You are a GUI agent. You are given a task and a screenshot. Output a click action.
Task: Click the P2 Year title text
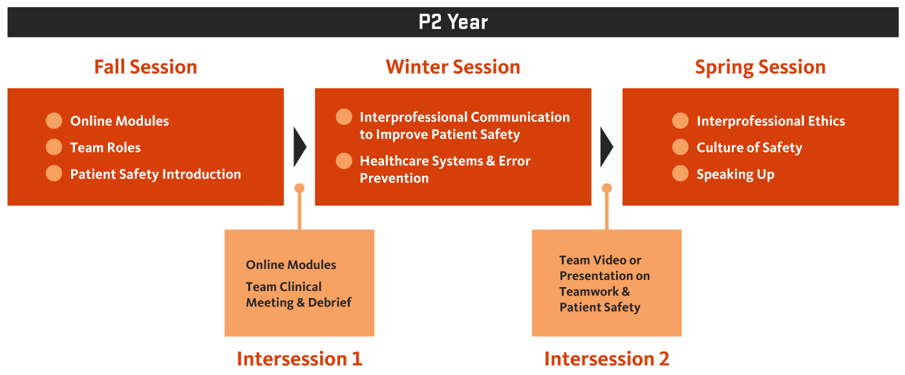pos(453,22)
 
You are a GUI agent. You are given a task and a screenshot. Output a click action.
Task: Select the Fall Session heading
pos(145,67)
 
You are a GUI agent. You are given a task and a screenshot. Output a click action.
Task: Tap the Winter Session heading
pos(453,67)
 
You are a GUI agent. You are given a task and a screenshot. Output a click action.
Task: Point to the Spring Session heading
pos(760,67)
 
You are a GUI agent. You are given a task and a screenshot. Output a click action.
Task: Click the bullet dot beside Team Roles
pos(54,147)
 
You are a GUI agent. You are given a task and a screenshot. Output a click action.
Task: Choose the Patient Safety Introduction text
pos(156,174)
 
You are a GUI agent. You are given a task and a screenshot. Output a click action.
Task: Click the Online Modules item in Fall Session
pos(119,121)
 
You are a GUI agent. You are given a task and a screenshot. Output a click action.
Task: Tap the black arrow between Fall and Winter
pos(299,147)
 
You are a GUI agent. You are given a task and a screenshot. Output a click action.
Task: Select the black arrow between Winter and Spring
pos(606,147)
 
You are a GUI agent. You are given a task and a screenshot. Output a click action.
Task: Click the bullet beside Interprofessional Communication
pos(344,117)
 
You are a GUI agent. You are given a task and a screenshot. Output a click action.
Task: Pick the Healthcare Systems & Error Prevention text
pos(445,169)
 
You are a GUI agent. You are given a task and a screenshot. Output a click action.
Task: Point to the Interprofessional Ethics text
pos(771,121)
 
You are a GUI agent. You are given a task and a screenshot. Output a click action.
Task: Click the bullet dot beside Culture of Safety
pos(680,147)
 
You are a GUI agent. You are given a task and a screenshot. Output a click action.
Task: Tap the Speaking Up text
pos(736,175)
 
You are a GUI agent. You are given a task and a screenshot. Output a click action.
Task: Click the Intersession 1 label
pos(299,359)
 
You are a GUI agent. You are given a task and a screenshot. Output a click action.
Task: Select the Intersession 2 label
pos(606,359)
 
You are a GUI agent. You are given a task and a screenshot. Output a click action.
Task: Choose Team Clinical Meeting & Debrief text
pos(299,295)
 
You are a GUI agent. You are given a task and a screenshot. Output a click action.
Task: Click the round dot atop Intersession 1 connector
pos(299,188)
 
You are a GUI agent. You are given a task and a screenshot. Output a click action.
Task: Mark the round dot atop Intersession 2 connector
pos(607,188)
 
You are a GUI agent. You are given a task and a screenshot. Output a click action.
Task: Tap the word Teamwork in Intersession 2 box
pos(589,292)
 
